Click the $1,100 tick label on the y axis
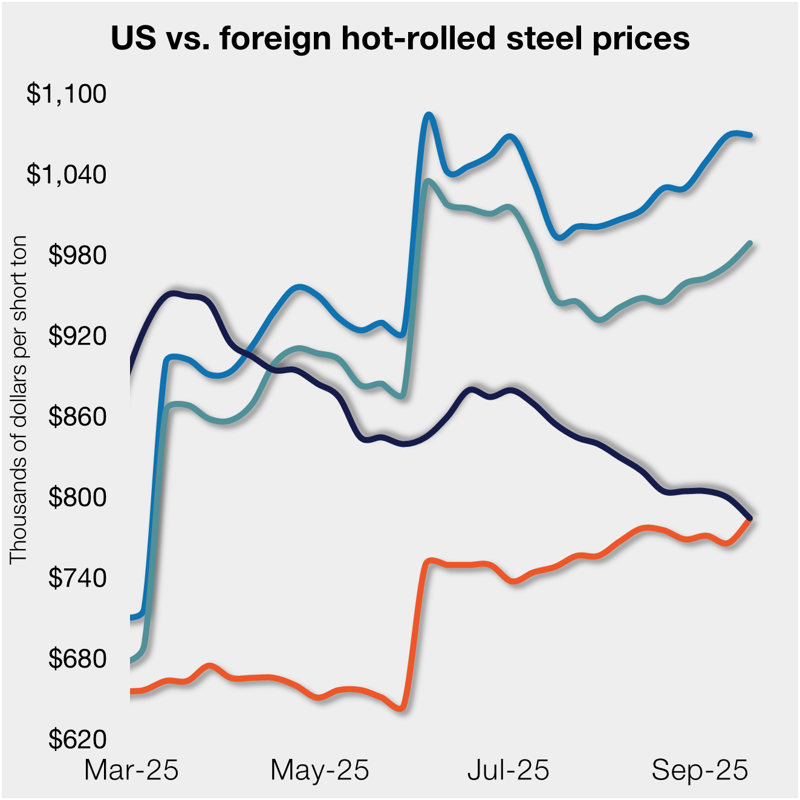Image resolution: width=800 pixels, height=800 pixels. point(66,94)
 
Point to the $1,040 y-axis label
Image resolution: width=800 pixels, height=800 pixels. point(66,174)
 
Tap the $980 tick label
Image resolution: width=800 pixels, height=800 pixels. point(77,255)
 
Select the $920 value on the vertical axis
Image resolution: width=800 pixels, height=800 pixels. point(77,336)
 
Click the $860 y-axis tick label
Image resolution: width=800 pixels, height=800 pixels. point(77,417)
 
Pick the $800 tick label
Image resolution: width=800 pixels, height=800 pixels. point(77,497)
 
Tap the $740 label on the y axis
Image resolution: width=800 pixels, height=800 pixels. point(77,578)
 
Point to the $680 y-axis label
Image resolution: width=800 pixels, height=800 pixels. point(77,659)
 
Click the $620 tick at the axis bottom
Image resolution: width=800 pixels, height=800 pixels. point(77,739)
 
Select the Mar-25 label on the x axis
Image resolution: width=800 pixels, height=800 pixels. point(131,770)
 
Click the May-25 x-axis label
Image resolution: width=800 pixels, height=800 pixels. point(319,770)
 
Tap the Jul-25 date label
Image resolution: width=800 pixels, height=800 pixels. point(508,770)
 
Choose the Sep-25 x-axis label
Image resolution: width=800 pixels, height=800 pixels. point(700,770)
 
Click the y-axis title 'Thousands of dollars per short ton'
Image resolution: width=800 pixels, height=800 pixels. point(19,399)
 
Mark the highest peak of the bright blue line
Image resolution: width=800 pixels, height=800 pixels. point(428,114)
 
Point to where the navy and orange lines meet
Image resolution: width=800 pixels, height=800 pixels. point(750,518)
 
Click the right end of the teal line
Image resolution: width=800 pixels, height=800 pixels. point(750,243)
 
